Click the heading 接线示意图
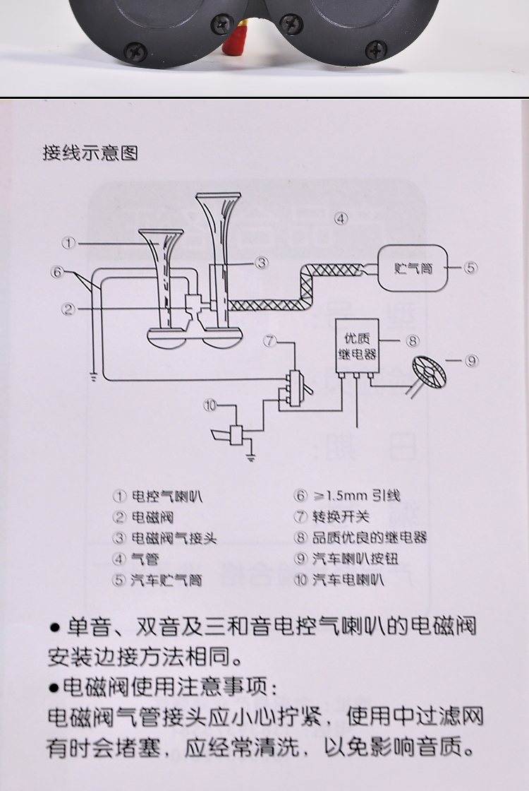pyautogui.click(x=90, y=153)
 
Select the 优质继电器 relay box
pyautogui.click(x=356, y=343)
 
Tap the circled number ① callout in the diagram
pyautogui.click(x=68, y=243)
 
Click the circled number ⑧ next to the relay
pyautogui.click(x=413, y=340)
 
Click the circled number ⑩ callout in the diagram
pyautogui.click(x=210, y=405)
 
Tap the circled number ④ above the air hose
pyautogui.click(x=341, y=218)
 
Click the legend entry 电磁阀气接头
pyautogui.click(x=174, y=538)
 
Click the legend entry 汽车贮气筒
pyautogui.click(x=166, y=581)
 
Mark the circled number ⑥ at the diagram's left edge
pyautogui.click(x=58, y=271)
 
